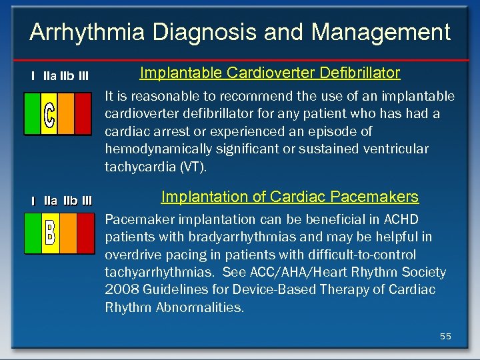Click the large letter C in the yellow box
point(49,114)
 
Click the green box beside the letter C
point(32,114)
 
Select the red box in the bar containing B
point(85,233)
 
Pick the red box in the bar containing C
point(83,114)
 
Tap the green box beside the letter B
point(33,233)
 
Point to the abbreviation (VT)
point(193,167)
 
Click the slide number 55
point(445,337)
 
